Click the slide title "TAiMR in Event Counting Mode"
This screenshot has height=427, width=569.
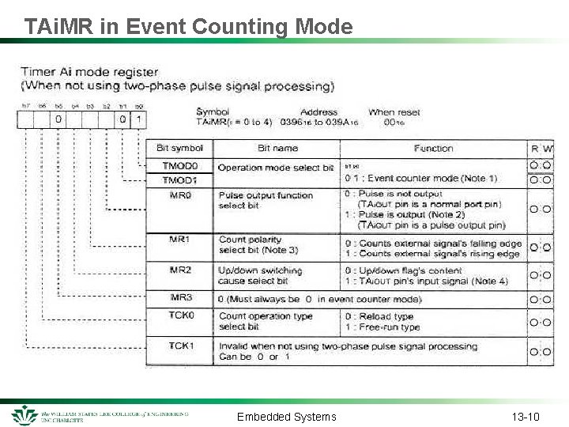188,26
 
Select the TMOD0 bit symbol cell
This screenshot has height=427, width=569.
179,167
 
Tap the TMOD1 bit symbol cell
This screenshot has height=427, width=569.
179,180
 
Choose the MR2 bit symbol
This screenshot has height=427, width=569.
180,270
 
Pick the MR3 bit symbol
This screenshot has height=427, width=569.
180,298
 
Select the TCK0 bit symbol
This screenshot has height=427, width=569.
180,316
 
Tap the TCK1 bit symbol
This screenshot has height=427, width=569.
180,346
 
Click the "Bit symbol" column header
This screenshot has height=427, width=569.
179,148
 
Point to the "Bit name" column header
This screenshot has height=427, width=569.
277,148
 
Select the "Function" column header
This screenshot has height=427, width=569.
433,148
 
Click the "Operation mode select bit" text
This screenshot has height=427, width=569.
276,168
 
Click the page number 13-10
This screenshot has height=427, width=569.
526,417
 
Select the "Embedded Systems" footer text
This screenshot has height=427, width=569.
286,417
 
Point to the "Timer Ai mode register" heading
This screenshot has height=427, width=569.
89,72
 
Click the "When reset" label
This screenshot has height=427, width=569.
394,112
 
